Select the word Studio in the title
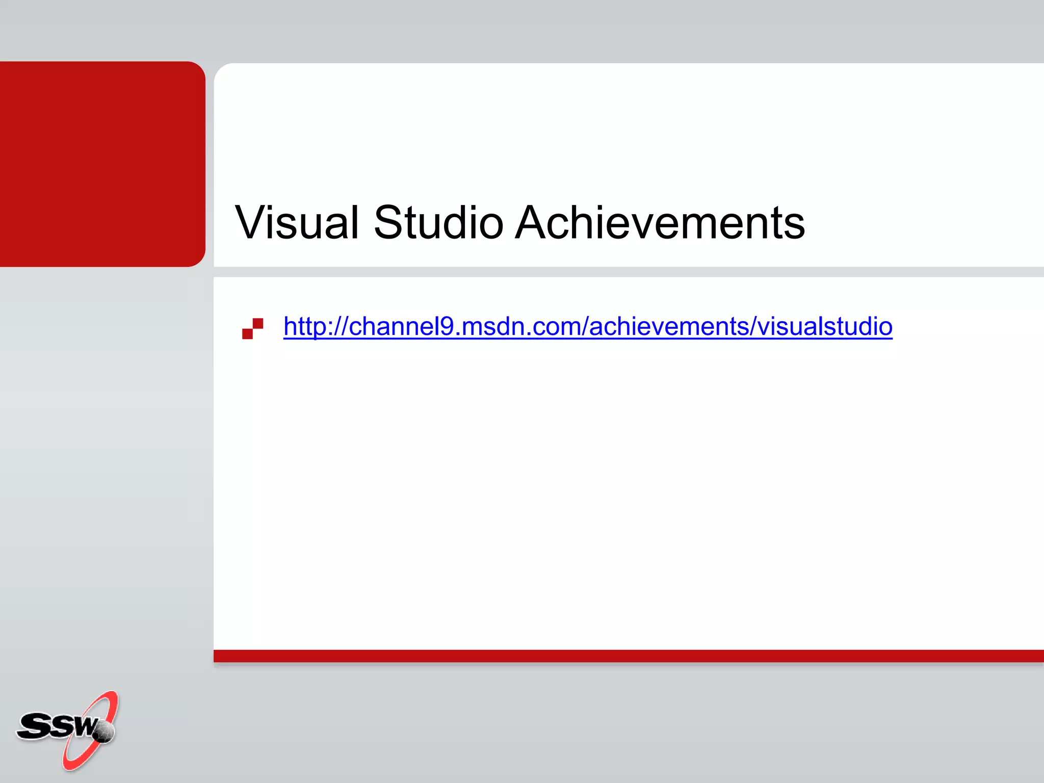(438, 222)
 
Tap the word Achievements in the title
(660, 222)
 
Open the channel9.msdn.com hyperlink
(587, 326)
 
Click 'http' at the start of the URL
(303, 326)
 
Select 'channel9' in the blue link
(401, 326)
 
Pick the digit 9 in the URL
(447, 326)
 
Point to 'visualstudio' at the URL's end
(825, 326)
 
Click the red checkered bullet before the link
(252, 328)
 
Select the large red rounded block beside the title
(102, 164)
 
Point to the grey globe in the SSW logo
(105, 732)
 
